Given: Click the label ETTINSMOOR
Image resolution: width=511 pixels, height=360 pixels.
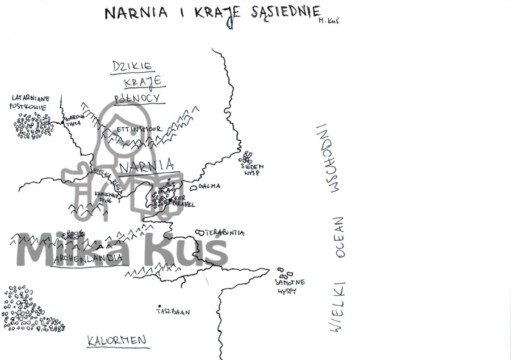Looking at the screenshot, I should (x=139, y=129).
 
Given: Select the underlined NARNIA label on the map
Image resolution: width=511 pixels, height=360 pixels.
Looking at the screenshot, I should (x=147, y=166).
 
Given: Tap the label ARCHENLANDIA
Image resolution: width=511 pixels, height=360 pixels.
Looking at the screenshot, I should (x=88, y=258).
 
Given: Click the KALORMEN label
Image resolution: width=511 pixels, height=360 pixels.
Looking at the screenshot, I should (x=117, y=341).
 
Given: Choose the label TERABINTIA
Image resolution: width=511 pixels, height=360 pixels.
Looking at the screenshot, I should (x=225, y=233).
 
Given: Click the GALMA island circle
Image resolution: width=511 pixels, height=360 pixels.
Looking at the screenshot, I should (x=194, y=187).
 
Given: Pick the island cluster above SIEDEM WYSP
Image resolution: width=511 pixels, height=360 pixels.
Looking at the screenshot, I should (x=248, y=156).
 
